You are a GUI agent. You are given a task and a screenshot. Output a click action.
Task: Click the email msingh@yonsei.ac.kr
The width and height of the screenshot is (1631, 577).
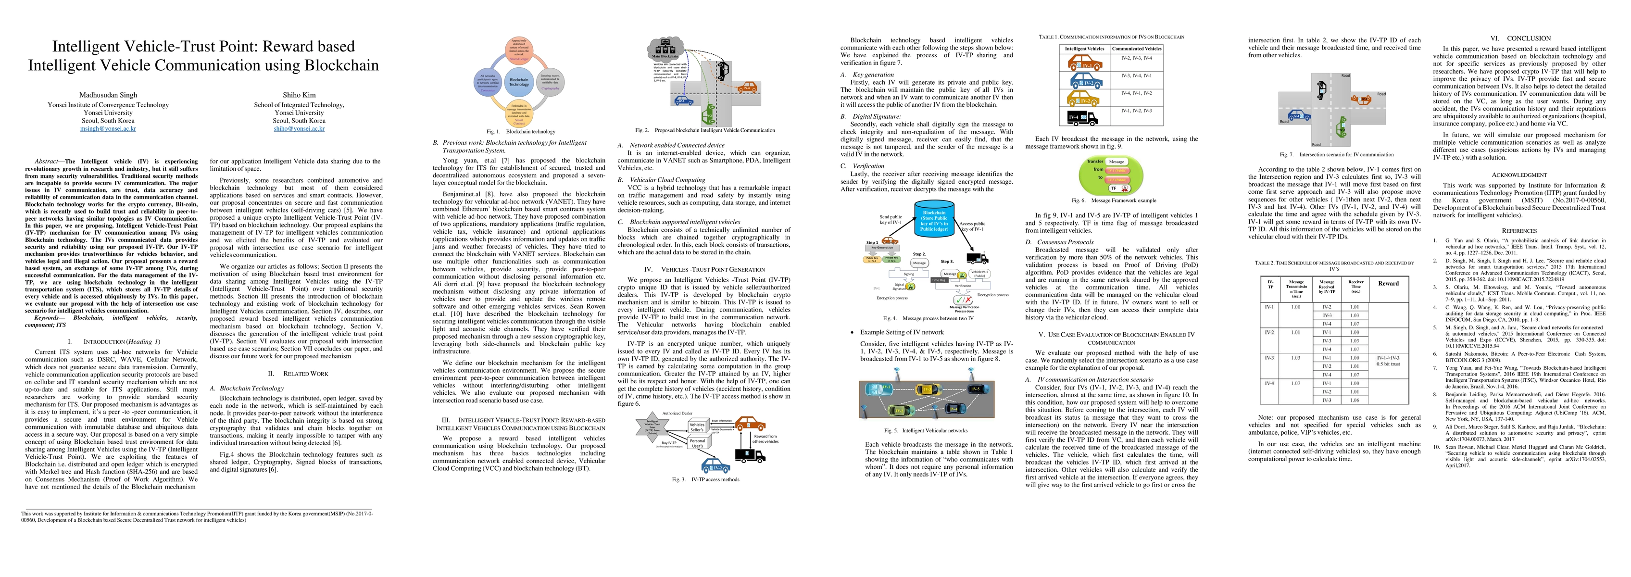pos(108,128)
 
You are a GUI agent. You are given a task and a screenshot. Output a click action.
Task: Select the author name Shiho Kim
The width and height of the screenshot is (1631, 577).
pos(299,95)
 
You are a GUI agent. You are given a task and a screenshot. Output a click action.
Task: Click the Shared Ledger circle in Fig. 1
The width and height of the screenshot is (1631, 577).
pos(519,50)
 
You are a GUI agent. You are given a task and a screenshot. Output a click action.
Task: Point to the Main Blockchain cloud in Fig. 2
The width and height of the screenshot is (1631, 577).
pos(665,49)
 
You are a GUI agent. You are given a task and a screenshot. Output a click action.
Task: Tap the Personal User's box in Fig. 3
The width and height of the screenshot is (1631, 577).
pos(697,443)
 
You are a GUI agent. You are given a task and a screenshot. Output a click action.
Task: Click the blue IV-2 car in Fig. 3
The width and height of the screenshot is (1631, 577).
pos(716,467)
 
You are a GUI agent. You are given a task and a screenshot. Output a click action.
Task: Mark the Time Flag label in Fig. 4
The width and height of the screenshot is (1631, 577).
pos(939,279)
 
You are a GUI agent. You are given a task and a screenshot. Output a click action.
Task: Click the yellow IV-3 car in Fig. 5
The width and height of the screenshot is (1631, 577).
pos(926,389)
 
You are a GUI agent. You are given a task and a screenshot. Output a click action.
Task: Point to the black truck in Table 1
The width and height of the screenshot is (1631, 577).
pos(1083,117)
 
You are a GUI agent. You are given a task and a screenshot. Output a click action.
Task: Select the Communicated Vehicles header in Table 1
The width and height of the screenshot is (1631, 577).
pos(1137,48)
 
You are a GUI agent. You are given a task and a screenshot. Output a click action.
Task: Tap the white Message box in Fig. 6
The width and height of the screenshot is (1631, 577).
pos(1116,162)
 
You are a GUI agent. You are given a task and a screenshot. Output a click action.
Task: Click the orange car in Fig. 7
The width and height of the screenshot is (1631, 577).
pos(1357,98)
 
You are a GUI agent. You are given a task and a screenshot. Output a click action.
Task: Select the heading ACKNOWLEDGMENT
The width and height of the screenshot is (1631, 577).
pos(1519,175)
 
